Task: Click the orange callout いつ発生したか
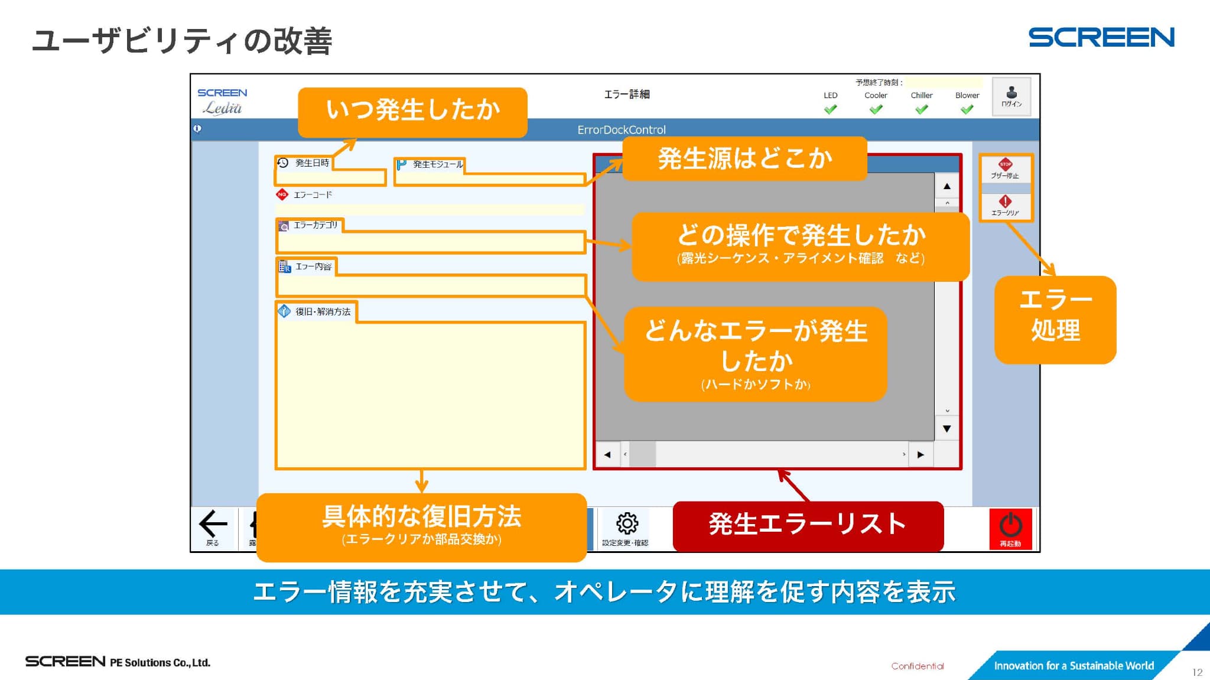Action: click(x=412, y=111)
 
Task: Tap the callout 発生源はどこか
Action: click(x=744, y=158)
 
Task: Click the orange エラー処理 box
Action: click(x=1055, y=318)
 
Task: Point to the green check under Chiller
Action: click(x=921, y=109)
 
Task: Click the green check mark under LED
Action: click(x=830, y=109)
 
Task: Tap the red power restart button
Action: click(x=1010, y=528)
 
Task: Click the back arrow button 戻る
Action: click(x=213, y=528)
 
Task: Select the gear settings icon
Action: click(x=627, y=524)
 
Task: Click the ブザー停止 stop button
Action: click(x=1006, y=169)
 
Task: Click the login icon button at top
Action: click(x=1011, y=96)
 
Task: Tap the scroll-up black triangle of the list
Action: click(x=947, y=186)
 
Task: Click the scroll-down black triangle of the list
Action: click(x=947, y=429)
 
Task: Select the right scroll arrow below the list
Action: click(x=920, y=455)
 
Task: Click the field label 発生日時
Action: click(x=312, y=163)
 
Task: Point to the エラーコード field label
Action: click(x=313, y=194)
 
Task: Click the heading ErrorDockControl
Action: click(x=621, y=130)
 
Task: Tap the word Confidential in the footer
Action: click(x=918, y=666)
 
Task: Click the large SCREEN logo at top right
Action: click(x=1101, y=37)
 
